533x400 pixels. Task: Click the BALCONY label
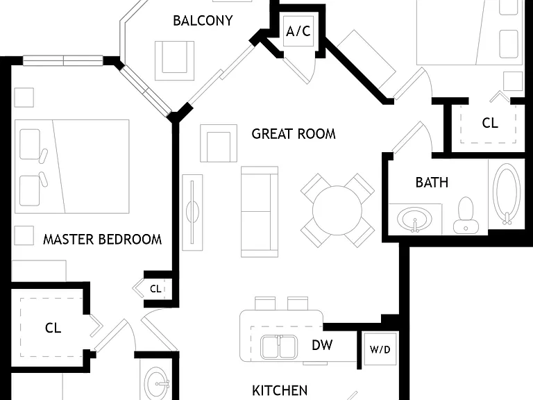click(203, 21)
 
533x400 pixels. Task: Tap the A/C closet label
click(298, 31)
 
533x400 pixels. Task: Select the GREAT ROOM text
click(294, 133)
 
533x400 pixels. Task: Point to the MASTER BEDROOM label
click(102, 240)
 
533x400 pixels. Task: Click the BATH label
click(432, 183)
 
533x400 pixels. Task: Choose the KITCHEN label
click(280, 390)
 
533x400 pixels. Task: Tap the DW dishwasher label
click(322, 345)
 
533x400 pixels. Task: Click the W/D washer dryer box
click(380, 349)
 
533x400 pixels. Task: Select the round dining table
click(337, 210)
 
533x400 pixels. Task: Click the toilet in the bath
click(466, 215)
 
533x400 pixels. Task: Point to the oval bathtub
click(507, 194)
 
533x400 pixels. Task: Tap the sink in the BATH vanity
click(415, 219)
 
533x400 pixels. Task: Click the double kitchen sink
click(279, 347)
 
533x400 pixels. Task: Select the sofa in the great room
click(260, 212)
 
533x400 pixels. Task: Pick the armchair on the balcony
click(174, 61)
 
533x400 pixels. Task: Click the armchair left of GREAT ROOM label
click(219, 143)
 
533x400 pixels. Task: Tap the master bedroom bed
click(72, 167)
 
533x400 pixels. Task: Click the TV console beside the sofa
click(192, 212)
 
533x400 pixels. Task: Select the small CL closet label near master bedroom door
click(155, 289)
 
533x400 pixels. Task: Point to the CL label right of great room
click(490, 123)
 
